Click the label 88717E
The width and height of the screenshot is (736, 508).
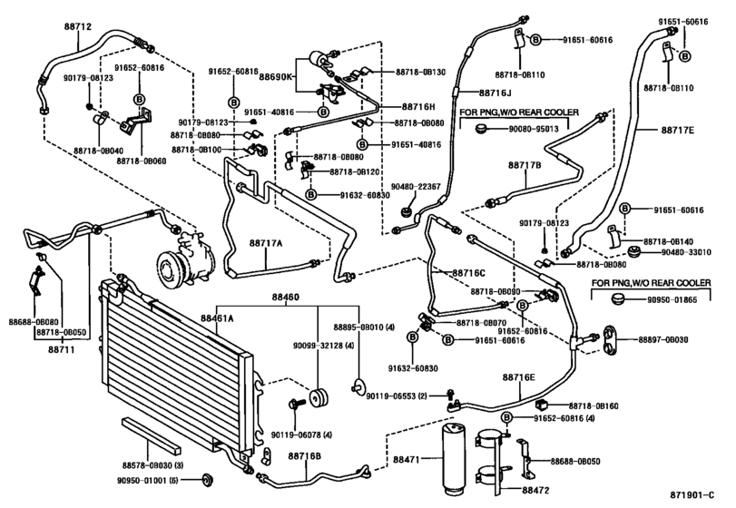[x=677, y=130]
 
